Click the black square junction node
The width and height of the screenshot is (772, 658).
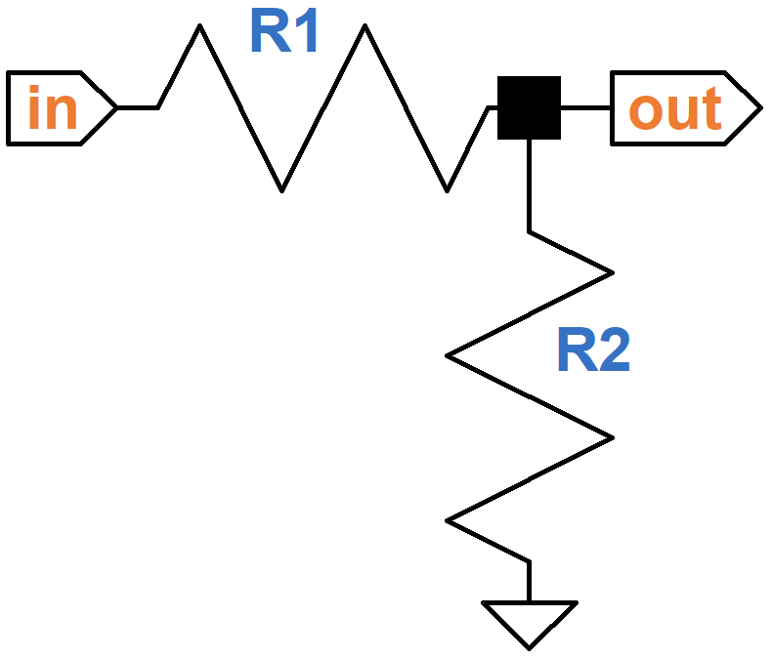click(x=529, y=107)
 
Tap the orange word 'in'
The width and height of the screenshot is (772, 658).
click(x=52, y=108)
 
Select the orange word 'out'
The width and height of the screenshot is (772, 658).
click(x=675, y=108)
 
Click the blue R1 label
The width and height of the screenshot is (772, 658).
click(x=284, y=33)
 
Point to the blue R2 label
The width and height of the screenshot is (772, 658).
click(x=593, y=351)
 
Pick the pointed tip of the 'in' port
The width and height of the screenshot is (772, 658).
click(x=115, y=107)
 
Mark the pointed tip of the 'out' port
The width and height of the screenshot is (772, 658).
click(x=757, y=107)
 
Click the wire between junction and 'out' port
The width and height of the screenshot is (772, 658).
click(x=585, y=107)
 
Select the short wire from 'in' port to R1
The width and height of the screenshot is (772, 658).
click(x=138, y=107)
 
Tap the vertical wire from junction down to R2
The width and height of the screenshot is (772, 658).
click(x=529, y=185)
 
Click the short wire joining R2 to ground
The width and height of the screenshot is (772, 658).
click(x=529, y=582)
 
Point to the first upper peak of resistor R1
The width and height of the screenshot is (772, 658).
click(x=199, y=28)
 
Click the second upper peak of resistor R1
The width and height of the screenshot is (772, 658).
click(x=365, y=28)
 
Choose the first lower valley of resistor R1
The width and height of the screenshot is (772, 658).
click(x=281, y=187)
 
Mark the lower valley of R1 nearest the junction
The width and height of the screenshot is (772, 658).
click(x=447, y=187)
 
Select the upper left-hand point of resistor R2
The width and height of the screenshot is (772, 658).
click(x=450, y=355)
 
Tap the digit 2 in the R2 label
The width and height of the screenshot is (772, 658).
click(x=614, y=351)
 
